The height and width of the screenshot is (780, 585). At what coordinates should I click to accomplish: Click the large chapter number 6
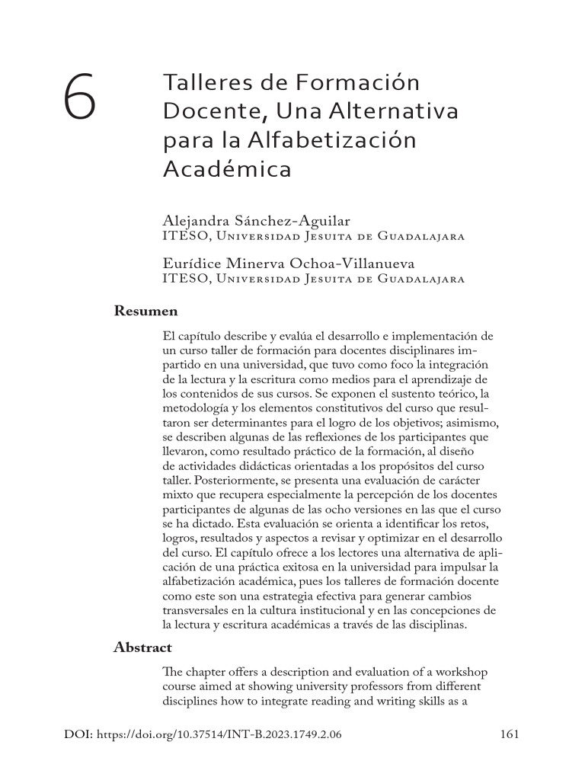pyautogui.click(x=80, y=97)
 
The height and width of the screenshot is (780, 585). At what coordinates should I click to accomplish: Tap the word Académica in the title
pyautogui.click(x=227, y=168)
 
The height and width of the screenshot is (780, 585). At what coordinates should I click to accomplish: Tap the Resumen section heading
pyautogui.click(x=145, y=311)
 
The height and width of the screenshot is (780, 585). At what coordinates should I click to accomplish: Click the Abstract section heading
pyautogui.click(x=142, y=647)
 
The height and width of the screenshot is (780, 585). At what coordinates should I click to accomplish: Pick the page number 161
pyautogui.click(x=509, y=735)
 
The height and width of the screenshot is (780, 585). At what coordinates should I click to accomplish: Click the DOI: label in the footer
pyautogui.click(x=79, y=735)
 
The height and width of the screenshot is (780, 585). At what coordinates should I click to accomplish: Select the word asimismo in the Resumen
pyautogui.click(x=464, y=422)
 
